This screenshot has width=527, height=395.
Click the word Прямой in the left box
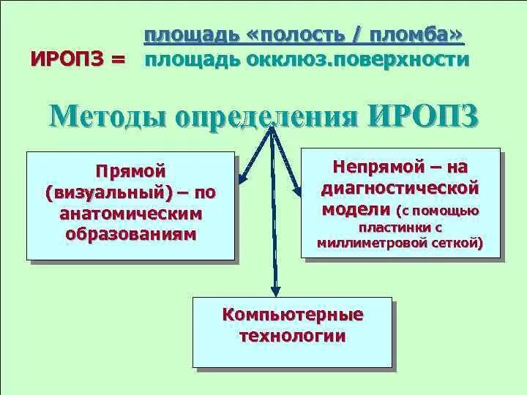point(131,171)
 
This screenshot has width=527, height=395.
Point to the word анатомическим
point(131,214)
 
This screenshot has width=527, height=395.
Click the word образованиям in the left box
point(131,235)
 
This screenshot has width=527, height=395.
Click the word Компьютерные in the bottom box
point(293,315)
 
